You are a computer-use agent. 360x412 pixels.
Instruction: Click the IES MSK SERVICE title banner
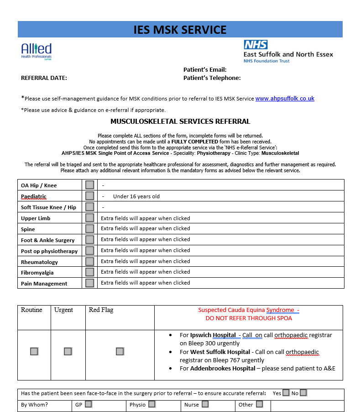180,30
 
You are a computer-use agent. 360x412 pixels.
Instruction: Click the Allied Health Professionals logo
37,51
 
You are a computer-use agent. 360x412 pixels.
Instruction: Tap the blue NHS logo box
256,44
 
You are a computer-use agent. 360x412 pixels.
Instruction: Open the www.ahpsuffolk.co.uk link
285,99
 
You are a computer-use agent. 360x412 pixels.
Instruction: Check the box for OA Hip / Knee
89,185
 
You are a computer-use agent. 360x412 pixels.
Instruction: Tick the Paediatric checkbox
89,196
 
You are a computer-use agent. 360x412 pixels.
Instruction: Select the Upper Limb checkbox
89,218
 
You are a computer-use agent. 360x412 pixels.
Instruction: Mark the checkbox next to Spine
89,229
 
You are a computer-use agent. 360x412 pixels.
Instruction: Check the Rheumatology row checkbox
89,262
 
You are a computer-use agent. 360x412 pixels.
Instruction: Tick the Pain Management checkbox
89,283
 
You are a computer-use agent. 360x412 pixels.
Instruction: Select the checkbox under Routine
34,351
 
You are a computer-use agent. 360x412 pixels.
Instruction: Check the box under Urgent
68,351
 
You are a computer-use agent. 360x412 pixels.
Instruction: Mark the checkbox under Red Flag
120,351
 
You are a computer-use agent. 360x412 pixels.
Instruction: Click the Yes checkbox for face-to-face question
286,393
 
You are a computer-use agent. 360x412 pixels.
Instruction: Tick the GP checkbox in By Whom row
88,404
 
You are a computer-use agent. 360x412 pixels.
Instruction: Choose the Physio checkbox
151,404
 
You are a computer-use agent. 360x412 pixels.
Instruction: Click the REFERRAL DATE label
44,78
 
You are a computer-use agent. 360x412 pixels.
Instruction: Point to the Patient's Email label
205,70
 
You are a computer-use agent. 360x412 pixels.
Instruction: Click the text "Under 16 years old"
136,196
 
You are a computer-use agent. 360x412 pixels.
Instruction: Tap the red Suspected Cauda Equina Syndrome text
248,310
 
